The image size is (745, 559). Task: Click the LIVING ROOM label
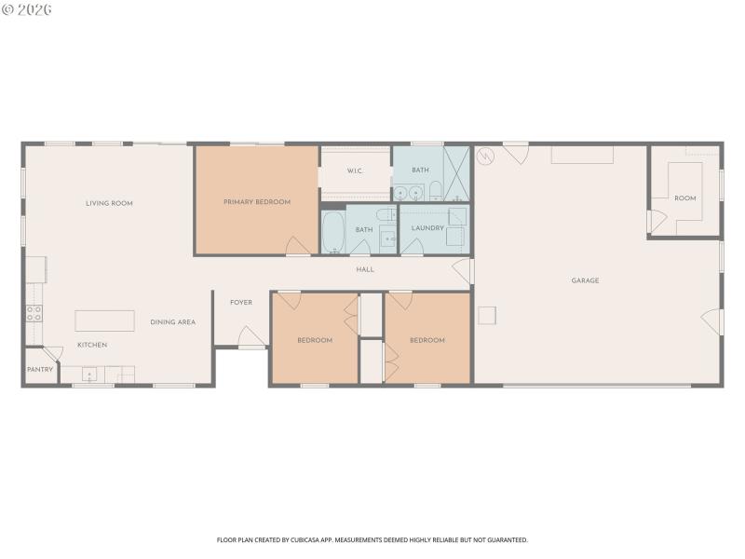tap(109, 203)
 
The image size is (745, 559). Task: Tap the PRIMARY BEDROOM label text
tap(257, 202)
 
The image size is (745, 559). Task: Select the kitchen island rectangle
tap(104, 320)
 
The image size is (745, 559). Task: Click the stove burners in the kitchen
tap(34, 314)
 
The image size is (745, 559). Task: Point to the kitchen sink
tap(90, 375)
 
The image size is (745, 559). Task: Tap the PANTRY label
tap(40, 370)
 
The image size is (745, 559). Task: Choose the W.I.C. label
tap(355, 170)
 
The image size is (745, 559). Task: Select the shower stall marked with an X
tap(457, 173)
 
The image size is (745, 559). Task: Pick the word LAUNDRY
tap(427, 228)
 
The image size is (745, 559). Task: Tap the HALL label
tap(365, 270)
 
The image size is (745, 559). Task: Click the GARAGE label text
tap(585, 280)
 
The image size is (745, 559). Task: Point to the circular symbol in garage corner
tap(483, 156)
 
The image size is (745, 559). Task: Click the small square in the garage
tap(487, 316)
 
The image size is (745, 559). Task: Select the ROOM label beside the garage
tap(685, 198)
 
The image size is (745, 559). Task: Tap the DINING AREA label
tap(173, 322)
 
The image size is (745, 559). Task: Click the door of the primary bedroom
tap(298, 245)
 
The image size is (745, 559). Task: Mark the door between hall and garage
tap(462, 271)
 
